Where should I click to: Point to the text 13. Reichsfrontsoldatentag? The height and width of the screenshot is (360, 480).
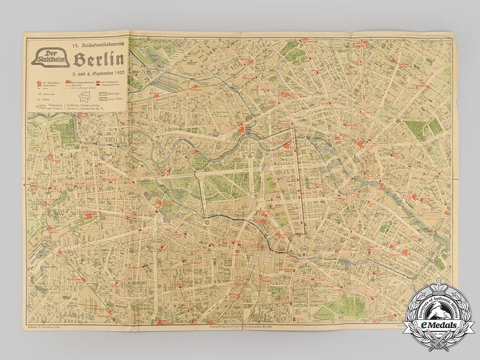pyautogui.click(x=98, y=45)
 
